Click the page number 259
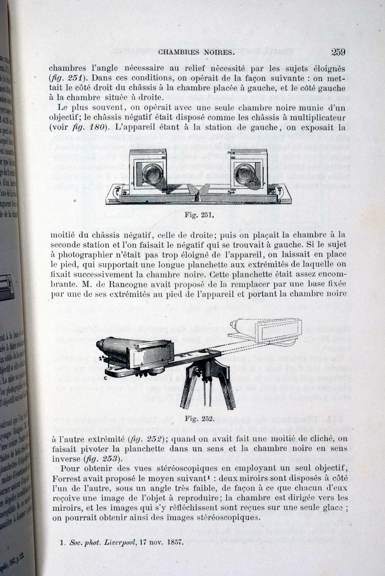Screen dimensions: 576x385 tap(338, 52)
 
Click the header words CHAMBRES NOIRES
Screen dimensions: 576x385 tap(196, 53)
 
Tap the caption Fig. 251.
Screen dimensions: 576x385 tap(199, 215)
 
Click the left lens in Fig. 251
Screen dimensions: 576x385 tap(150, 174)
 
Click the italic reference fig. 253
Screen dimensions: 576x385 tap(100, 459)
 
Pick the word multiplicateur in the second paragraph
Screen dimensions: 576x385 tap(317, 117)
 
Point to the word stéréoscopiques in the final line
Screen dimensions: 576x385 tap(228, 518)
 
